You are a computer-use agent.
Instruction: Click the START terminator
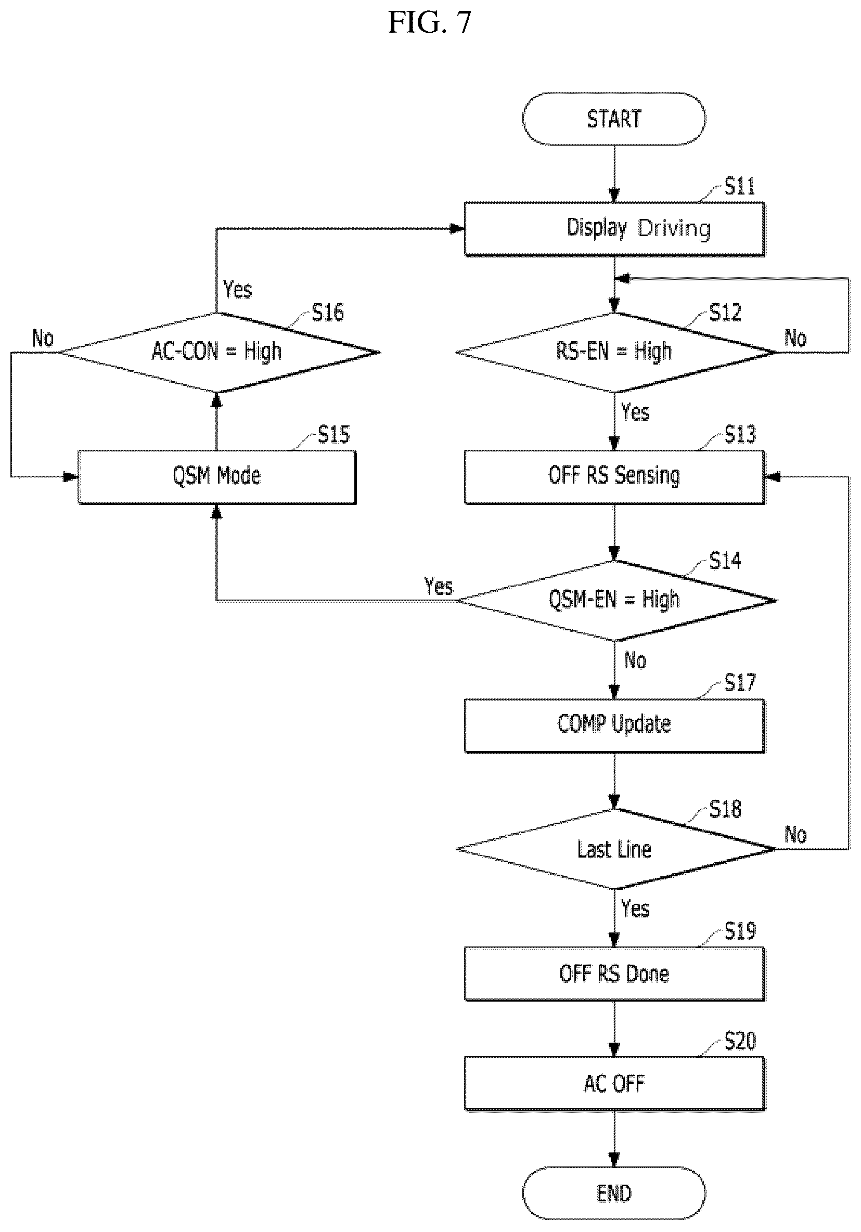pyautogui.click(x=613, y=119)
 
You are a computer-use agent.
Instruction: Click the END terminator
pyautogui.click(x=613, y=1194)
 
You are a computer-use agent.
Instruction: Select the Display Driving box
pyautogui.click(x=614, y=229)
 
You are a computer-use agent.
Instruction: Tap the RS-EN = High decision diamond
pyautogui.click(x=615, y=353)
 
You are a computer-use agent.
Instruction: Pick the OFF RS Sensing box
pyautogui.click(x=614, y=476)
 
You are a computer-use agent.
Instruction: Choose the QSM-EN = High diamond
pyautogui.click(x=615, y=601)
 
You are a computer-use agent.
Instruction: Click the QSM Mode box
pyautogui.click(x=216, y=476)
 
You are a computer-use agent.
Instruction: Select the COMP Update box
pyautogui.click(x=614, y=725)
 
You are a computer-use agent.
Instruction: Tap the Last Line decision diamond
pyautogui.click(x=615, y=849)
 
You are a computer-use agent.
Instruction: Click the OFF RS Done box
pyautogui.click(x=614, y=974)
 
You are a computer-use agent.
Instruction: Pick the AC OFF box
pyautogui.click(x=614, y=1083)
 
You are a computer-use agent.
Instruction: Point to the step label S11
pyautogui.click(x=740, y=186)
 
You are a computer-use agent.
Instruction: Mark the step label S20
pyautogui.click(x=740, y=1041)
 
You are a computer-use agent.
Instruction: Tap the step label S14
pyautogui.click(x=725, y=560)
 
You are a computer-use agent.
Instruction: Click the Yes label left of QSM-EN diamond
pyautogui.click(x=439, y=586)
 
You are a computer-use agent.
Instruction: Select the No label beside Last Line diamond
pyautogui.click(x=795, y=834)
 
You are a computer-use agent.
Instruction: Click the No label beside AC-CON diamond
pyautogui.click(x=43, y=338)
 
